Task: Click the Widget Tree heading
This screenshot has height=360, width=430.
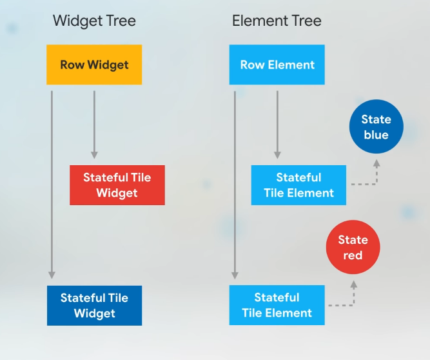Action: (x=94, y=21)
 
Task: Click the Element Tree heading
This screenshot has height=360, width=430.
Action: (x=277, y=21)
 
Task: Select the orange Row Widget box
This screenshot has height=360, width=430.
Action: (x=94, y=65)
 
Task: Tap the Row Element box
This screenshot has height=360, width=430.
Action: (x=277, y=65)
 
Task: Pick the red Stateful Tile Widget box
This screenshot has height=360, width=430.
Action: (x=117, y=185)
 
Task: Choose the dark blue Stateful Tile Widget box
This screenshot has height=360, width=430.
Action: (x=94, y=305)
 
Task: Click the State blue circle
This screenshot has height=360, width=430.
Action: (x=376, y=127)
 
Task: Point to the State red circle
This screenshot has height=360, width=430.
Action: (x=353, y=247)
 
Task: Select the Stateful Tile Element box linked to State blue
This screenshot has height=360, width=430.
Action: (x=298, y=185)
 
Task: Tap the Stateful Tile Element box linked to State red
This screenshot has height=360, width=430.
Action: (x=277, y=305)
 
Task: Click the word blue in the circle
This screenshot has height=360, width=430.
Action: (x=376, y=135)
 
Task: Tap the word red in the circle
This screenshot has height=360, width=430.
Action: (x=353, y=255)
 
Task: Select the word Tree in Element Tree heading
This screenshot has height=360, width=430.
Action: (x=306, y=21)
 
